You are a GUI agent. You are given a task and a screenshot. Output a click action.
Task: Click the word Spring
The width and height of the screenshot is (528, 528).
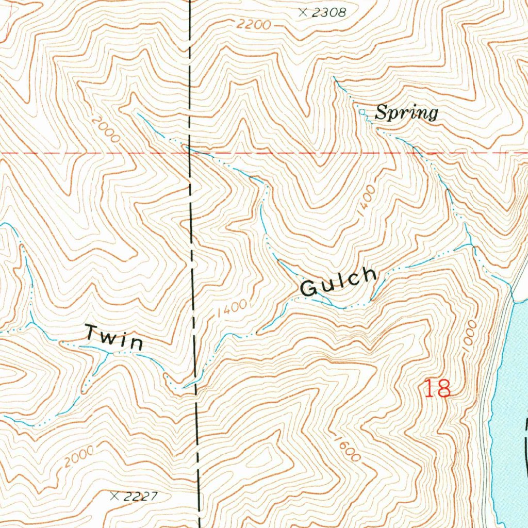pyautogui.click(x=406, y=112)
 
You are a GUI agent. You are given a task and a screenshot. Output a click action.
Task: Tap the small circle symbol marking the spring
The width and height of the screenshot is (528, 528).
pyautogui.click(x=362, y=111)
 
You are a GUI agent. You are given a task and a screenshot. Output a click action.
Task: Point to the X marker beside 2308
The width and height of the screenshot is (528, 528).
pyautogui.click(x=303, y=13)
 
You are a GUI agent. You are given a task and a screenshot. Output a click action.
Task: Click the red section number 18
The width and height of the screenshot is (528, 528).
pyautogui.click(x=437, y=388)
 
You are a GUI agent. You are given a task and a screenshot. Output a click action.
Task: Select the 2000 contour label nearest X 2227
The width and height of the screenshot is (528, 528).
pyautogui.click(x=80, y=456)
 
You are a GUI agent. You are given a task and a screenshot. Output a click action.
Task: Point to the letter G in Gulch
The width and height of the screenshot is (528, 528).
pyautogui.click(x=308, y=289)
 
